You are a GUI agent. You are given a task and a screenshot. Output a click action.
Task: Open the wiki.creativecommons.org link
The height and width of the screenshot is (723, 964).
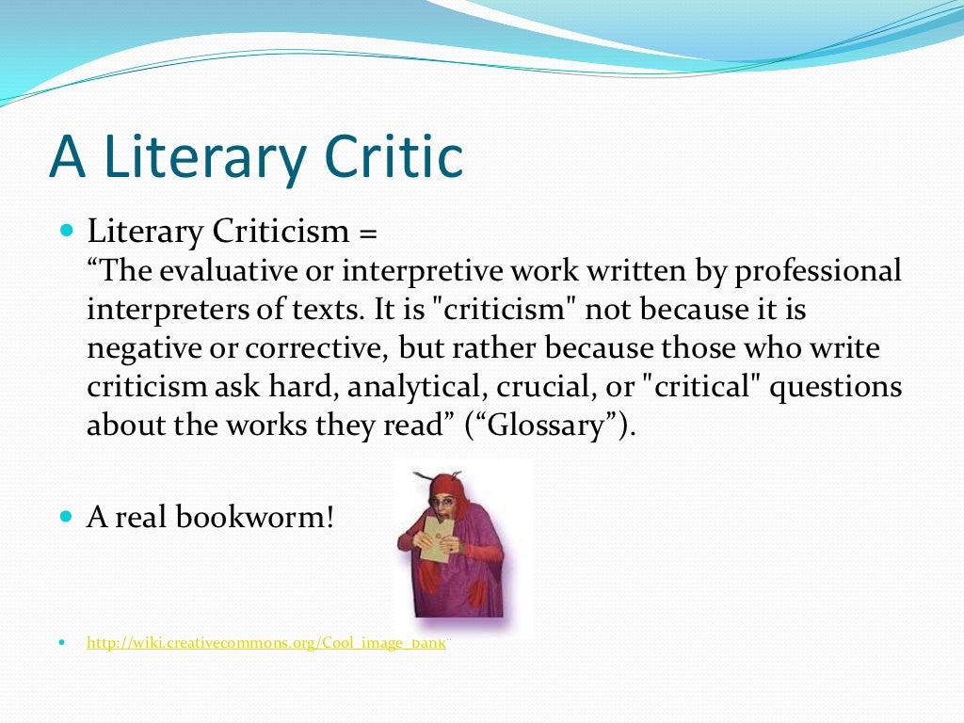[x=268, y=644]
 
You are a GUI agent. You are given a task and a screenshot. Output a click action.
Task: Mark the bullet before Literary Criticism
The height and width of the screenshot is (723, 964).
[x=65, y=231]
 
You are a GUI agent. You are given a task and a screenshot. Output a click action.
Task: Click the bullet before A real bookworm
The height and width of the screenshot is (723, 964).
[x=65, y=517]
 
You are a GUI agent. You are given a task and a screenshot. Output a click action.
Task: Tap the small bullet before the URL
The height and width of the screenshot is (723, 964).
[x=62, y=644]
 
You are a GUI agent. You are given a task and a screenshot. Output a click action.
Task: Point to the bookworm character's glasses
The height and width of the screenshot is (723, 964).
[x=442, y=501]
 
